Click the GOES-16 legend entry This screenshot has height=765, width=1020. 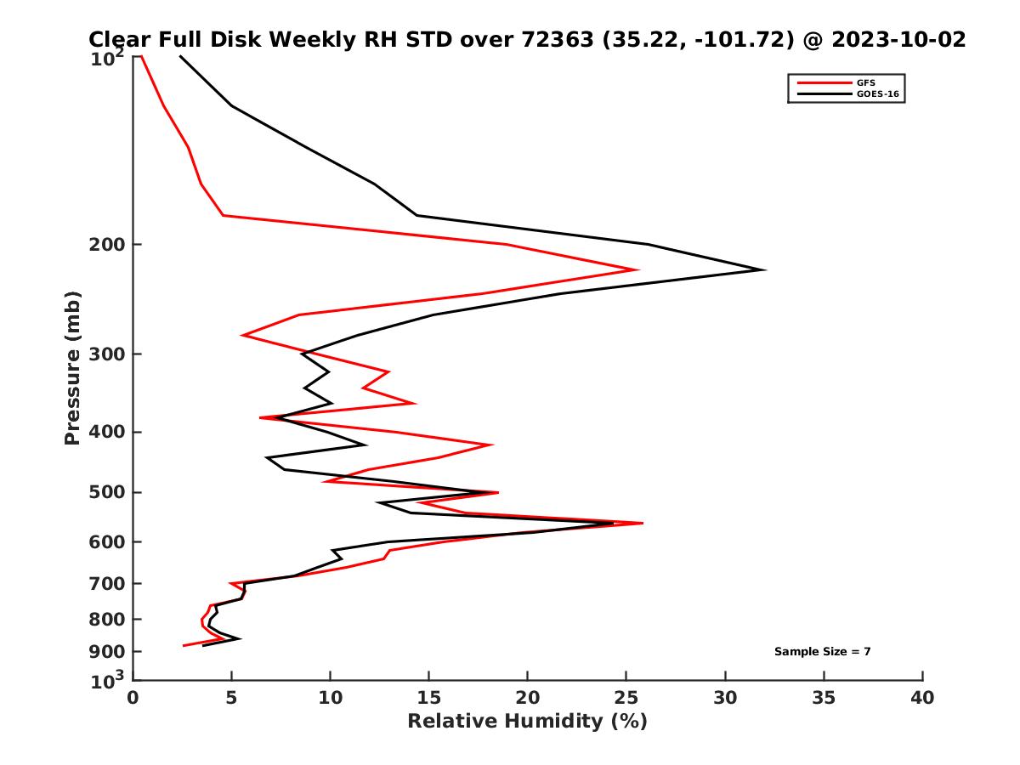pyautogui.click(x=875, y=93)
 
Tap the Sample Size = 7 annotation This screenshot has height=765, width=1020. pyautogui.click(x=822, y=651)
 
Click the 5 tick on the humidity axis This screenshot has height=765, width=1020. pyautogui.click(x=231, y=698)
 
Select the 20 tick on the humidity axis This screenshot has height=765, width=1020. pyautogui.click(x=528, y=698)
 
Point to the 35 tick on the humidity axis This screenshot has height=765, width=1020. pyautogui.click(x=824, y=698)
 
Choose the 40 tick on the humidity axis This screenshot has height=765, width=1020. pyautogui.click(x=922, y=698)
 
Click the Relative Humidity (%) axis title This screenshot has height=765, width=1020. pyautogui.click(x=527, y=722)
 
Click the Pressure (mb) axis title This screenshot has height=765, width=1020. pyautogui.click(x=72, y=367)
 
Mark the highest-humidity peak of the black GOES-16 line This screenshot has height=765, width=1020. pyautogui.click(x=764, y=269)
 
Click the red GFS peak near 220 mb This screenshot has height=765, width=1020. pyautogui.click(x=637, y=269)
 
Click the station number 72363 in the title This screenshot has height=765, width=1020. pyautogui.click(x=552, y=39)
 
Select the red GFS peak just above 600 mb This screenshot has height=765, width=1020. pyautogui.click(x=643, y=523)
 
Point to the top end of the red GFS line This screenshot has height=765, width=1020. pyautogui.click(x=141, y=57)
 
